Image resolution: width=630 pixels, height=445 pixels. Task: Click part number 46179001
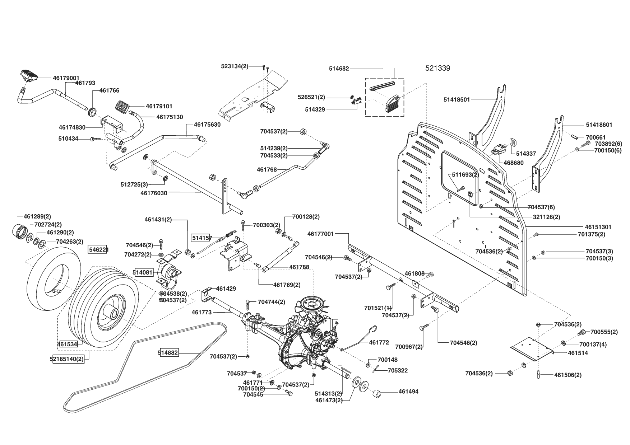(66, 78)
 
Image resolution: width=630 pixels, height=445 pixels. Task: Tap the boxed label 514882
(168, 353)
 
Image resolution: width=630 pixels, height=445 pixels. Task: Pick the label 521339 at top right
(438, 68)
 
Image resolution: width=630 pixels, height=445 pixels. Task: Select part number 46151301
(598, 227)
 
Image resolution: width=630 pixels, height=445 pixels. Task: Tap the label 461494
(408, 392)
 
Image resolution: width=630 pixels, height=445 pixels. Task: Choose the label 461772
(379, 343)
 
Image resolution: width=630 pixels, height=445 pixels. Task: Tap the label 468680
(513, 163)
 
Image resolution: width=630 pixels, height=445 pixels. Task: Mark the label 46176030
(154, 193)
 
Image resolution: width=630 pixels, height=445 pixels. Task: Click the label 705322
(398, 370)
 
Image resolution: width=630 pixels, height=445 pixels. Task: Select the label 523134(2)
(235, 66)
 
